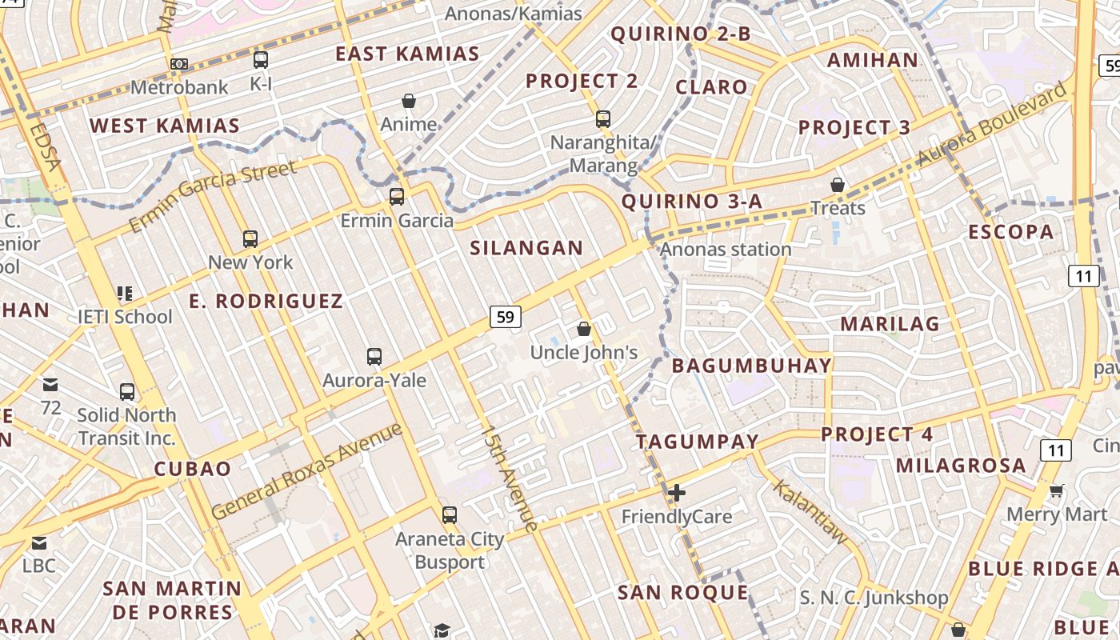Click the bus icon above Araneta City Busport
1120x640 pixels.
click(450, 514)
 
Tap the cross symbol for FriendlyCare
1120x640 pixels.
click(677, 493)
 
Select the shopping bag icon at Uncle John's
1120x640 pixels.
click(584, 329)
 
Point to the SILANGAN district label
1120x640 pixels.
click(526, 248)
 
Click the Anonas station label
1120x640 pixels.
click(726, 250)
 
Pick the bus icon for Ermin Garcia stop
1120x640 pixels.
click(397, 196)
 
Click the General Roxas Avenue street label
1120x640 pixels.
click(307, 470)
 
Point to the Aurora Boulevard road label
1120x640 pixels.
click(991, 124)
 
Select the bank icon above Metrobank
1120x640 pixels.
click(179, 63)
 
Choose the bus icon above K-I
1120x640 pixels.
click(261, 59)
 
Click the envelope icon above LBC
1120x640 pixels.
click(38, 543)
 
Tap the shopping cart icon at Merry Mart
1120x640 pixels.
click(1057, 490)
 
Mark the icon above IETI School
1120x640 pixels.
click(124, 294)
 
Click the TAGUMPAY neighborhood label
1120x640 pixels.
click(697, 441)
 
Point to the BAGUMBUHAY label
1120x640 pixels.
click(751, 366)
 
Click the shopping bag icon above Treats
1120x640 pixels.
click(838, 185)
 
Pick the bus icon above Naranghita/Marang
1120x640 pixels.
click(603, 119)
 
